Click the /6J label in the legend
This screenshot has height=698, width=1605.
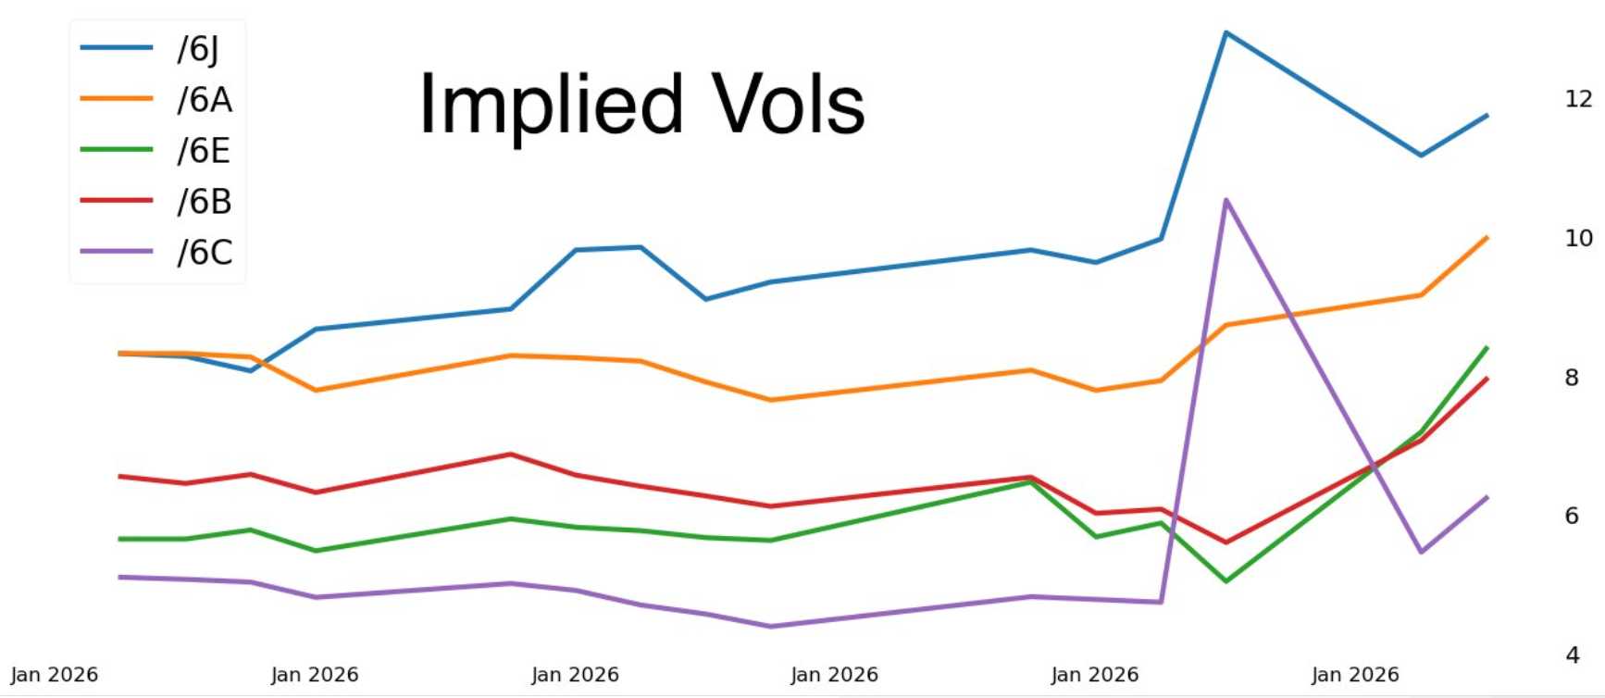[198, 49]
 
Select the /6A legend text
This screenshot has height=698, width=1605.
[205, 99]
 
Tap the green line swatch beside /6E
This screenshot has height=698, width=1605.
[117, 149]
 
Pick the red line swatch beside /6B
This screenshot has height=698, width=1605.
[117, 200]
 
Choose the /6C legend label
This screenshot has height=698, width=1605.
[205, 252]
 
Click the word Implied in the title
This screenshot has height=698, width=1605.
[551, 105]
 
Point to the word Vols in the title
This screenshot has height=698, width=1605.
[788, 105]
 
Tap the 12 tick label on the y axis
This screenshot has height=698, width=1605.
[1578, 99]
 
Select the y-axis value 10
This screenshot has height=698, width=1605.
[1578, 238]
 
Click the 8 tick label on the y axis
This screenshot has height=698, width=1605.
[1572, 378]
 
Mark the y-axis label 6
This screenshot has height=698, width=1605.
[1572, 516]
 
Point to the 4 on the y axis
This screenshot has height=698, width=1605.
[1572, 655]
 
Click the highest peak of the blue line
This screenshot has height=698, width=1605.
[1226, 33]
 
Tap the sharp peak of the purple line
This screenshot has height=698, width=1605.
[1226, 200]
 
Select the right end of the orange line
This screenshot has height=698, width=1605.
[1487, 238]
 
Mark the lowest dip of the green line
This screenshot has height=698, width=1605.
[1226, 580]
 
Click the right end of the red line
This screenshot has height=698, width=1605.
[1487, 379]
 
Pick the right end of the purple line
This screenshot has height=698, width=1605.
[1487, 498]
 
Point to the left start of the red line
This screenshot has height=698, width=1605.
[120, 477]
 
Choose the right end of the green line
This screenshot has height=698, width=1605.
[1487, 348]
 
